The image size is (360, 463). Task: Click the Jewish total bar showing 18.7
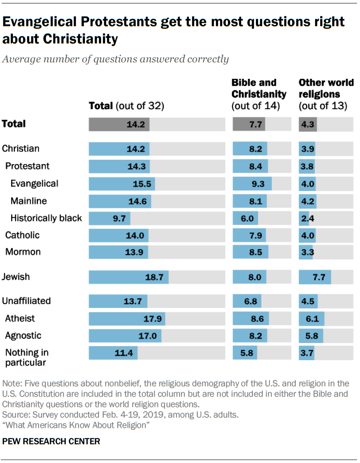click(x=129, y=278)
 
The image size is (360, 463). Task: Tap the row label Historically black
click(x=46, y=218)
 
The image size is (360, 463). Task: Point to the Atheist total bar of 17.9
click(x=127, y=319)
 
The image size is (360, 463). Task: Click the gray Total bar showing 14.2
click(x=119, y=124)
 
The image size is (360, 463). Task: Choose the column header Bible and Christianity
click(x=259, y=94)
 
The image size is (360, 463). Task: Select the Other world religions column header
click(x=326, y=94)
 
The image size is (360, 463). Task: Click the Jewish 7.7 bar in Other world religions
click(x=315, y=278)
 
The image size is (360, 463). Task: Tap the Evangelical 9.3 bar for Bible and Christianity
click(x=252, y=183)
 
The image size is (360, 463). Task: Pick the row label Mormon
click(x=23, y=252)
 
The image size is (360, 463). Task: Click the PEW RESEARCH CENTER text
click(x=51, y=441)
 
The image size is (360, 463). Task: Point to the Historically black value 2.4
click(x=308, y=218)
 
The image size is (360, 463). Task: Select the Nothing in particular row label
click(x=27, y=357)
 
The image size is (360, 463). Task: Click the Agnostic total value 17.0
click(x=147, y=336)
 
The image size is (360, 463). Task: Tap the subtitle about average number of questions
click(x=115, y=59)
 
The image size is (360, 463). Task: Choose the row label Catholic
click(x=22, y=235)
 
